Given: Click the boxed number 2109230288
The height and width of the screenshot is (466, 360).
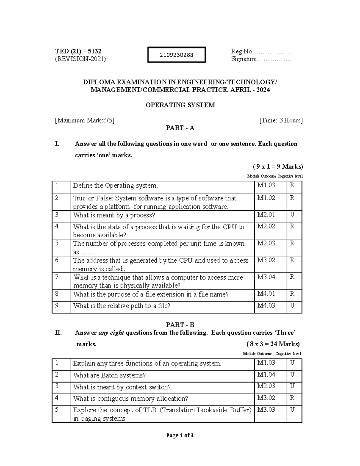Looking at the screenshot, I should point(176,55).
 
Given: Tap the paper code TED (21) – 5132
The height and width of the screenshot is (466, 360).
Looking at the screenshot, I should point(78,51).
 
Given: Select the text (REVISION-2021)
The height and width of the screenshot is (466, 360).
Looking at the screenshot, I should point(80,59).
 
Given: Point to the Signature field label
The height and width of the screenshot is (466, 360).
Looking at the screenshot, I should point(244,59).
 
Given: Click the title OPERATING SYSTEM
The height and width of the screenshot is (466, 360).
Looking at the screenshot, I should point(180,105).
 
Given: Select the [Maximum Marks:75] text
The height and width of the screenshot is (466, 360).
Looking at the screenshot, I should point(84,121).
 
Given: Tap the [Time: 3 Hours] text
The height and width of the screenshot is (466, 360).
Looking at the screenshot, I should point(281,121).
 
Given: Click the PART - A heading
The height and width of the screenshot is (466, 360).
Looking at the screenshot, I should point(180,128).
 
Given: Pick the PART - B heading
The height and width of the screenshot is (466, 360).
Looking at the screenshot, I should point(180,325).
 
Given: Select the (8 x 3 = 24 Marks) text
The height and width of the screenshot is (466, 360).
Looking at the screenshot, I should point(273,344).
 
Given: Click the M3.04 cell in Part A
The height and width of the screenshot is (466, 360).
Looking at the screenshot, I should point(266,277).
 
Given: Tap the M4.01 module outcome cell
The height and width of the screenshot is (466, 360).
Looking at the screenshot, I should point(266,294).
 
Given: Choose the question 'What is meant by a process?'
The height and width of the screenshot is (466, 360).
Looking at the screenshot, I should point(114,215).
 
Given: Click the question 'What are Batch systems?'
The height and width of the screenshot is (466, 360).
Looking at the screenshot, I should point(109,375).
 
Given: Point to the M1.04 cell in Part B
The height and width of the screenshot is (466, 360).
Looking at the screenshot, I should point(266,375).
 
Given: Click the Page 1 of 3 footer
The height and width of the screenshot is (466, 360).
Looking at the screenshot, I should point(180,435).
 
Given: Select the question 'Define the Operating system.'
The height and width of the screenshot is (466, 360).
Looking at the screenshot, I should point(115,186).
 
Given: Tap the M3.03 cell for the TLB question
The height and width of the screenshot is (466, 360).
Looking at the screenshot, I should point(266,410).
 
